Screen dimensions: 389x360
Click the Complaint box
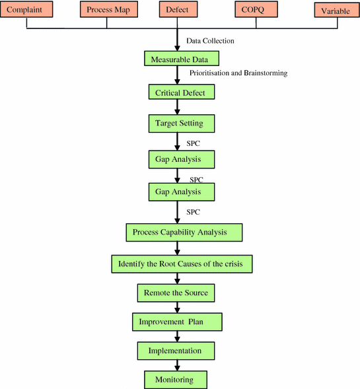click(26, 10)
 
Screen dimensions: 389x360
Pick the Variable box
click(335, 11)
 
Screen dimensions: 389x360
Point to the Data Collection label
click(210, 41)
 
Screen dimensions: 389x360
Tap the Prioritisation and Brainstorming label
click(238, 73)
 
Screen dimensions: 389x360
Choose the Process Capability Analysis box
click(184, 232)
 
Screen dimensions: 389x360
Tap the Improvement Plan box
click(176, 322)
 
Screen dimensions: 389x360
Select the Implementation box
click(176, 350)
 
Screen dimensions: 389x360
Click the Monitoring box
click(176, 380)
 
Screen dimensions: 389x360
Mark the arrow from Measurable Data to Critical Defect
click(177, 75)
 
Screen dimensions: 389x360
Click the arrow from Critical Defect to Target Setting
click(177, 107)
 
